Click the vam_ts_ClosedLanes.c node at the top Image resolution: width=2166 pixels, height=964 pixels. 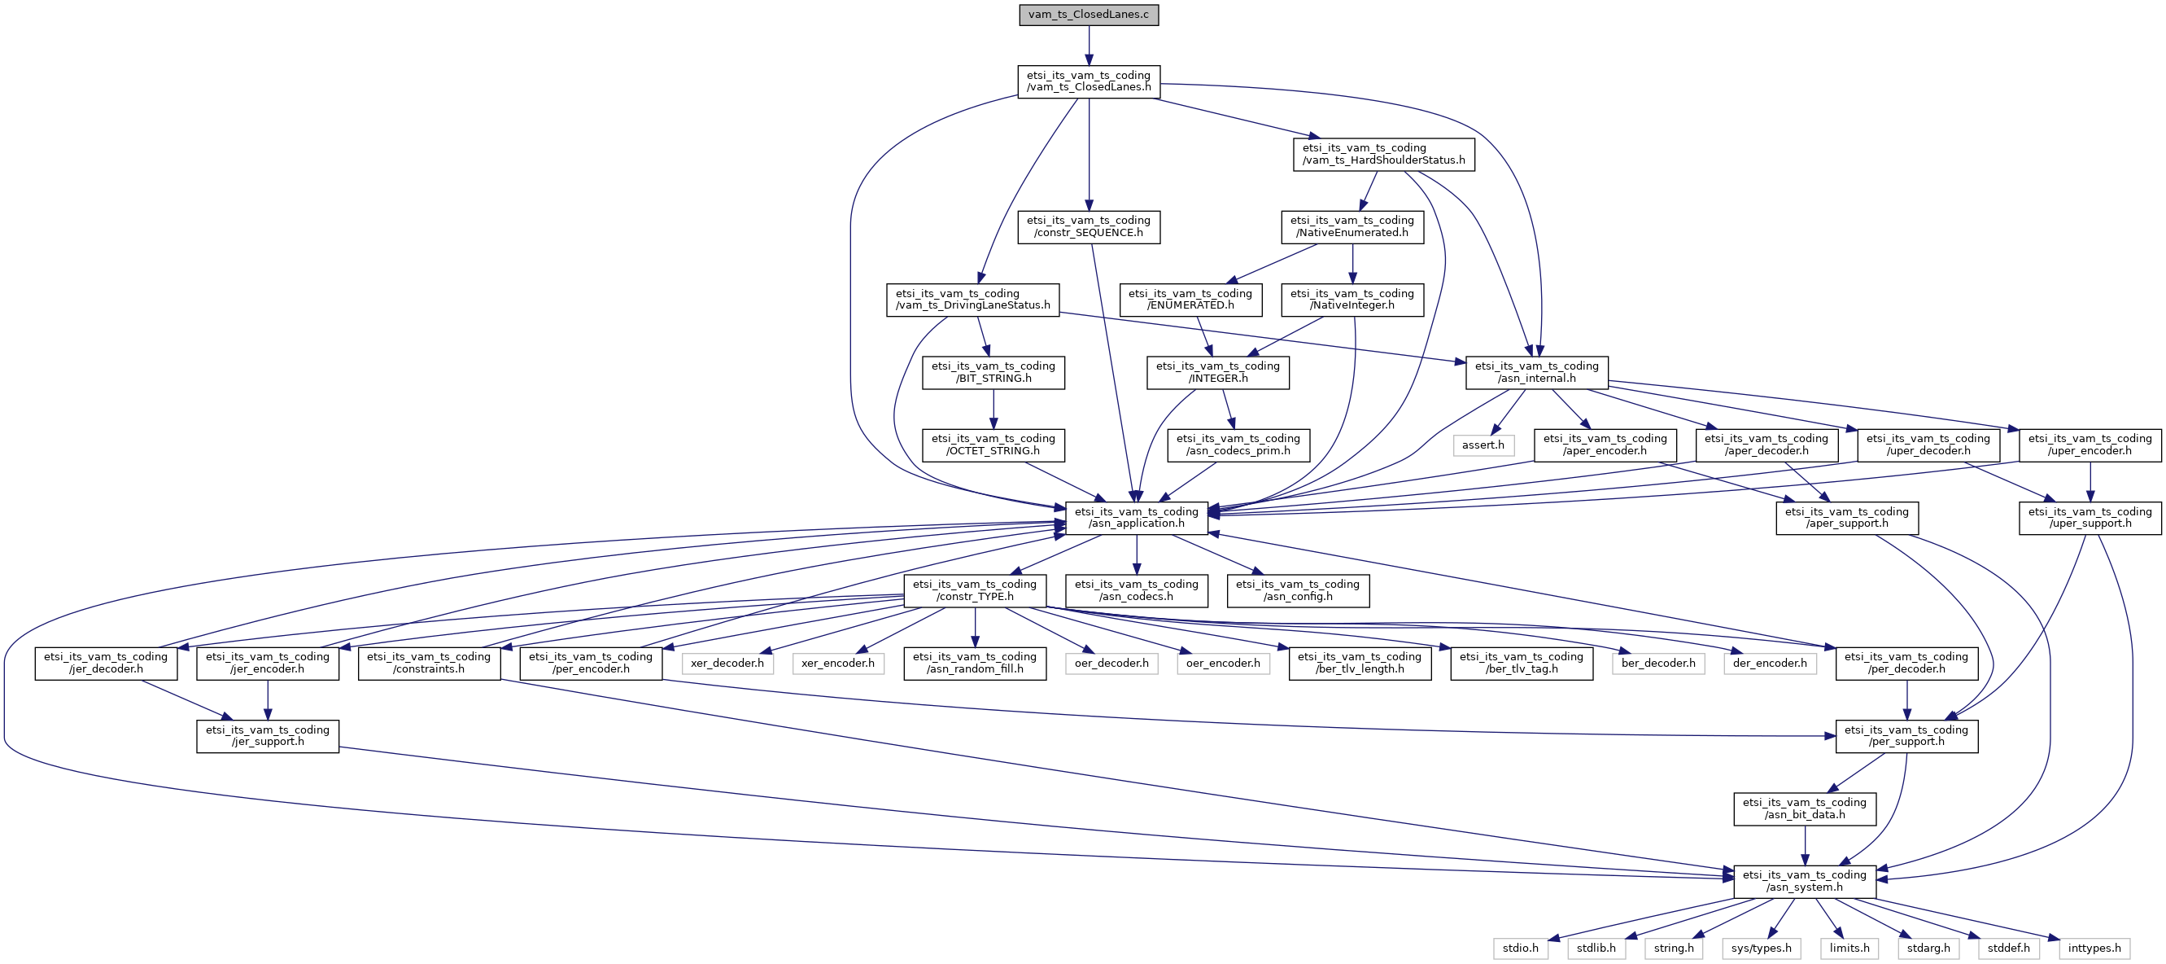[x=1088, y=15]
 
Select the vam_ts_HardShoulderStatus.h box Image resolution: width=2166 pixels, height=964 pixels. [x=1383, y=154]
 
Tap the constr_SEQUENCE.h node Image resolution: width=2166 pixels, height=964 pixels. [x=1088, y=227]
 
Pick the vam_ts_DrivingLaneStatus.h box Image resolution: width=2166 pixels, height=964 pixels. [x=973, y=300]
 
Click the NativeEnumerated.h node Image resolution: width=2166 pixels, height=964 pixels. [x=1352, y=227]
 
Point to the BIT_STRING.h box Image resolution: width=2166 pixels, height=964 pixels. [x=993, y=373]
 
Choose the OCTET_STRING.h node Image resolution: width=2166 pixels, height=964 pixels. [x=993, y=445]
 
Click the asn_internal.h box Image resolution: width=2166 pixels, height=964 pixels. [x=1536, y=373]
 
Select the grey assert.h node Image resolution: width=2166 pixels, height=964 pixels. [x=1483, y=445]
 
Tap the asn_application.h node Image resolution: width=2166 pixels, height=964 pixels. [x=1136, y=517]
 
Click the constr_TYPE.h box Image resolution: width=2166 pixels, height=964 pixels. [x=975, y=590]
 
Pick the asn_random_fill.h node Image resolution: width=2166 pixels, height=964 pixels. [x=975, y=663]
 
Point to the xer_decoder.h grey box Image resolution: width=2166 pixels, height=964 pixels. [x=727, y=663]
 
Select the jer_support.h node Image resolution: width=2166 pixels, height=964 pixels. [x=268, y=736]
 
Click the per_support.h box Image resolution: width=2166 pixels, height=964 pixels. [x=1906, y=736]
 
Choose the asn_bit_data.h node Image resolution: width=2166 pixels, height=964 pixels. [x=1805, y=808]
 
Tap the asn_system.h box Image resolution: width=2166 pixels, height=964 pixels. [x=1805, y=881]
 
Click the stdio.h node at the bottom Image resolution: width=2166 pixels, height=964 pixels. [x=1520, y=948]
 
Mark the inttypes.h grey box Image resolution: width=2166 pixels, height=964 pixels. [x=2094, y=948]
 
